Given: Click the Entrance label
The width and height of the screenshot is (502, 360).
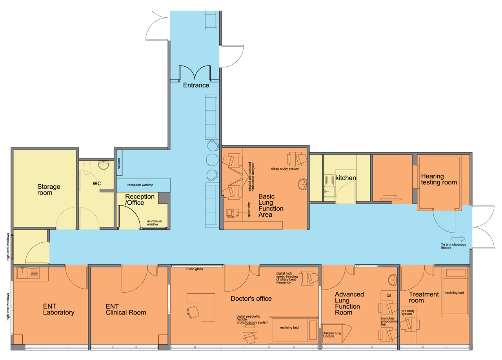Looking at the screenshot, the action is tap(196, 85).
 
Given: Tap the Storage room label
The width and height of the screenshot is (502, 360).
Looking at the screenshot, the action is tap(49, 190).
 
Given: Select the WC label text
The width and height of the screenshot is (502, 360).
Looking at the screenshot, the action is tap(96, 183).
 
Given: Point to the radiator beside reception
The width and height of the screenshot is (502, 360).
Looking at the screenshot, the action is tap(119, 163).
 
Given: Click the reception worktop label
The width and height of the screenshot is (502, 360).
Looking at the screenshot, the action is tap(140, 185).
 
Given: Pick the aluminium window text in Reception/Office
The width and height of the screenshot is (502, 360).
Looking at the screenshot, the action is tap(155, 223).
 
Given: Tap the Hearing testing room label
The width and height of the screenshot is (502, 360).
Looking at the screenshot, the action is tap(439, 179).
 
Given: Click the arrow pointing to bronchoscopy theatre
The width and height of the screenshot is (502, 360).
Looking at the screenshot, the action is tap(458, 239).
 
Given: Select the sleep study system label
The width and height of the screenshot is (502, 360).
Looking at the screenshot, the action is tap(285, 169).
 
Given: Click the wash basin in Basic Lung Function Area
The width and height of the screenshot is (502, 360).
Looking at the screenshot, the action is tap(302, 184).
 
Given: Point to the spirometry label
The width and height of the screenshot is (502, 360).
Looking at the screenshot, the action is tap(249, 209).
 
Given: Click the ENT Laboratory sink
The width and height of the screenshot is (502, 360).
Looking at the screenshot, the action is tap(28, 273).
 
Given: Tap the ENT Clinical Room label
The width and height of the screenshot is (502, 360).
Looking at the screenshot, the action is tap(126, 309).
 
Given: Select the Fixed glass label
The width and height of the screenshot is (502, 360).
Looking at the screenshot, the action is tap(195, 269).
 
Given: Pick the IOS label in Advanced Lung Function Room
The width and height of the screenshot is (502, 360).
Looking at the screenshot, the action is tap(388, 296).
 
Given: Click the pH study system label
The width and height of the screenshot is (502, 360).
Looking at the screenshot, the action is tap(408, 312).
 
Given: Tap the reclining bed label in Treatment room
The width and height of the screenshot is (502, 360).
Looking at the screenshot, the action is tap(455, 293).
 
